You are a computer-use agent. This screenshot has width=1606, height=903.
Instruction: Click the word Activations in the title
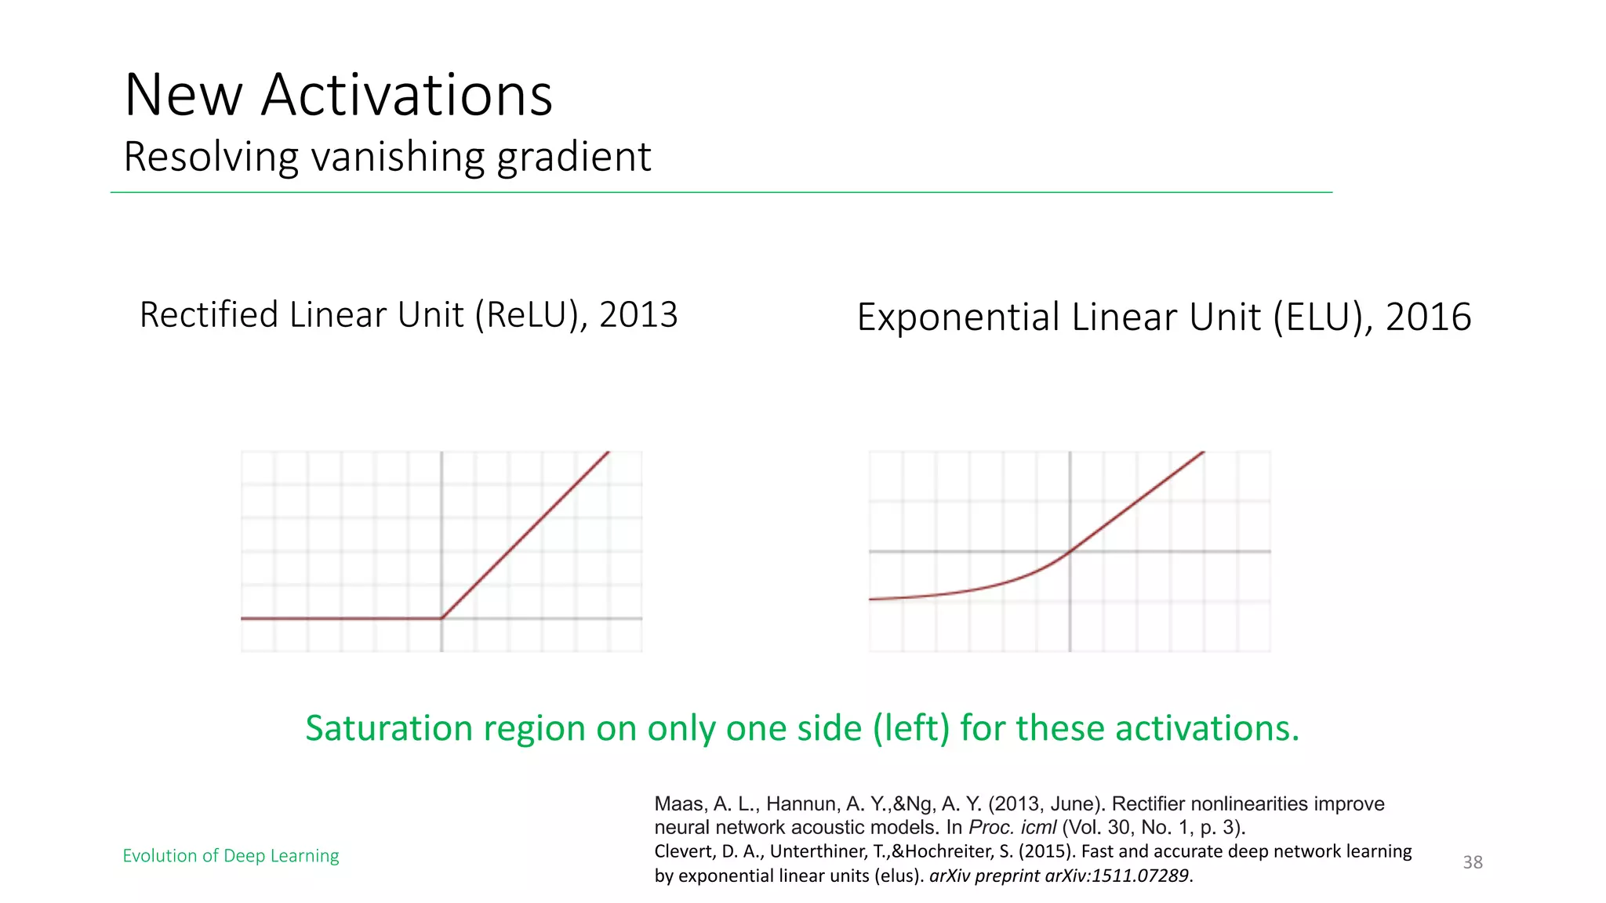click(x=406, y=95)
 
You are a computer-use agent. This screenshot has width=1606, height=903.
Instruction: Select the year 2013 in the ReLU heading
click(x=638, y=314)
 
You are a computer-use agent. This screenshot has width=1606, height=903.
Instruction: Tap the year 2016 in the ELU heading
click(x=1428, y=317)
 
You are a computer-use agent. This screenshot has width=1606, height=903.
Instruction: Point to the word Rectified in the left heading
click(x=209, y=314)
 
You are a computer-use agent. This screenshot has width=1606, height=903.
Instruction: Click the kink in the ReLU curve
click(x=441, y=618)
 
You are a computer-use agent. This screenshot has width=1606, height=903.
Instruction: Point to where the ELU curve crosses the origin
click(x=1070, y=552)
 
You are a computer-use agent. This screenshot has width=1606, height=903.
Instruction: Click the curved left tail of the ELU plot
click(x=941, y=594)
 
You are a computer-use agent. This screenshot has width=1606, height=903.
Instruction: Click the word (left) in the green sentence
click(x=911, y=728)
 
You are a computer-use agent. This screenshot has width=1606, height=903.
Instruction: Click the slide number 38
click(x=1473, y=862)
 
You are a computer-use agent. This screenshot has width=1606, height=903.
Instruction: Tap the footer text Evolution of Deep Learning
click(x=231, y=855)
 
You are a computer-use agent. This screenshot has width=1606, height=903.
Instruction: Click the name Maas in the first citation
click(x=679, y=804)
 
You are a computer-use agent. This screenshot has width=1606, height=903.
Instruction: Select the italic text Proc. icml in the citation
click(x=1012, y=828)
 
